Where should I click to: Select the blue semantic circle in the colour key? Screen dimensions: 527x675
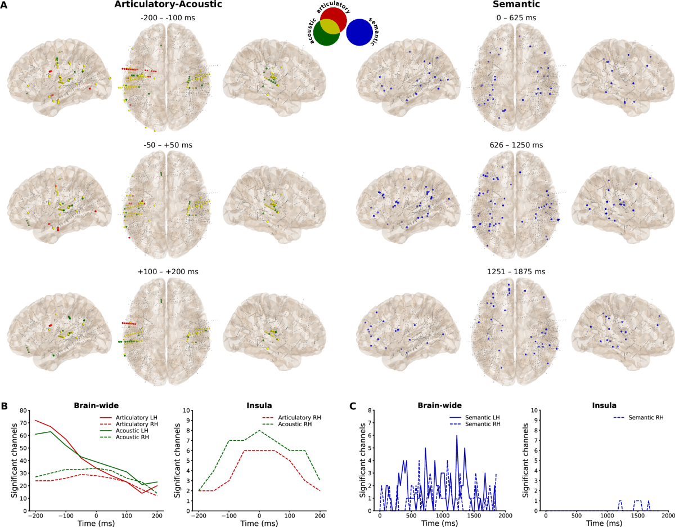pos(358,32)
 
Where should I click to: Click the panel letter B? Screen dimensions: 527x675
pos(4,405)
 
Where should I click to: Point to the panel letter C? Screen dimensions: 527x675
pos(353,405)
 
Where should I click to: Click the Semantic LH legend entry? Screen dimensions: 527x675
pos(478,417)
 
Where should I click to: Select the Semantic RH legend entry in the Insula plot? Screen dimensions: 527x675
pos(638,417)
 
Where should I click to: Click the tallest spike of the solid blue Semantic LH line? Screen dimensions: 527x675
pos(457,435)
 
